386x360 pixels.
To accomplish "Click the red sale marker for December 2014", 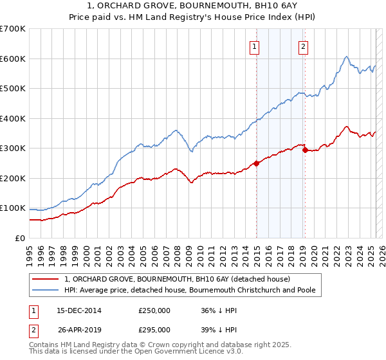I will (x=257, y=163).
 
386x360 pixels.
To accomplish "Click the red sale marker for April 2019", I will (x=305, y=150).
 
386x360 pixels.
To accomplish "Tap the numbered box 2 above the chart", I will (x=302, y=46).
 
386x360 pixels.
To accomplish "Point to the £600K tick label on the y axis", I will (x=13, y=59).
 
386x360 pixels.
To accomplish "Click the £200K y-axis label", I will (x=13, y=178).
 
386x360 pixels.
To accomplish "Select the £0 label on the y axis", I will (x=21, y=238).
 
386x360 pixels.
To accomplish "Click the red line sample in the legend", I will (x=46, y=279).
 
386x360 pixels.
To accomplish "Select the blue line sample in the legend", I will (x=46, y=290).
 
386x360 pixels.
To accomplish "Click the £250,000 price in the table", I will (x=154, y=310).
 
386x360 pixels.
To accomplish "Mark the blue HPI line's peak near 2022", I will (x=346, y=57).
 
